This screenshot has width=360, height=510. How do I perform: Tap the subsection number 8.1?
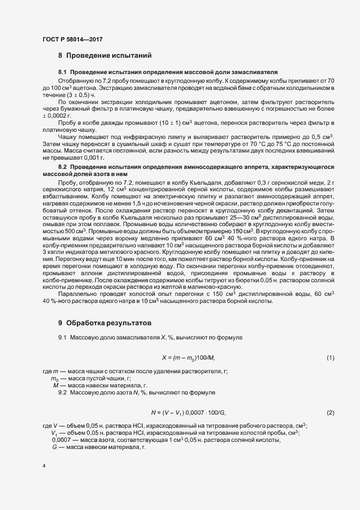pyautogui.click(x=63, y=72)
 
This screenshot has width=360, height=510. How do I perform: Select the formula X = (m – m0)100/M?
pyautogui.click(x=188, y=357)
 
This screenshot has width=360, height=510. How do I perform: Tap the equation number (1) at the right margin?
pyautogui.click(x=330, y=357)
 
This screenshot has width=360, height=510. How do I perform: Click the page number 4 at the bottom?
pyautogui.click(x=44, y=466)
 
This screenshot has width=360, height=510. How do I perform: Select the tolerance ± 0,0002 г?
pyautogui.click(x=57, y=116)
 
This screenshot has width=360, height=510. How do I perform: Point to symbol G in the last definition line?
pyautogui.click(x=54, y=447)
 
